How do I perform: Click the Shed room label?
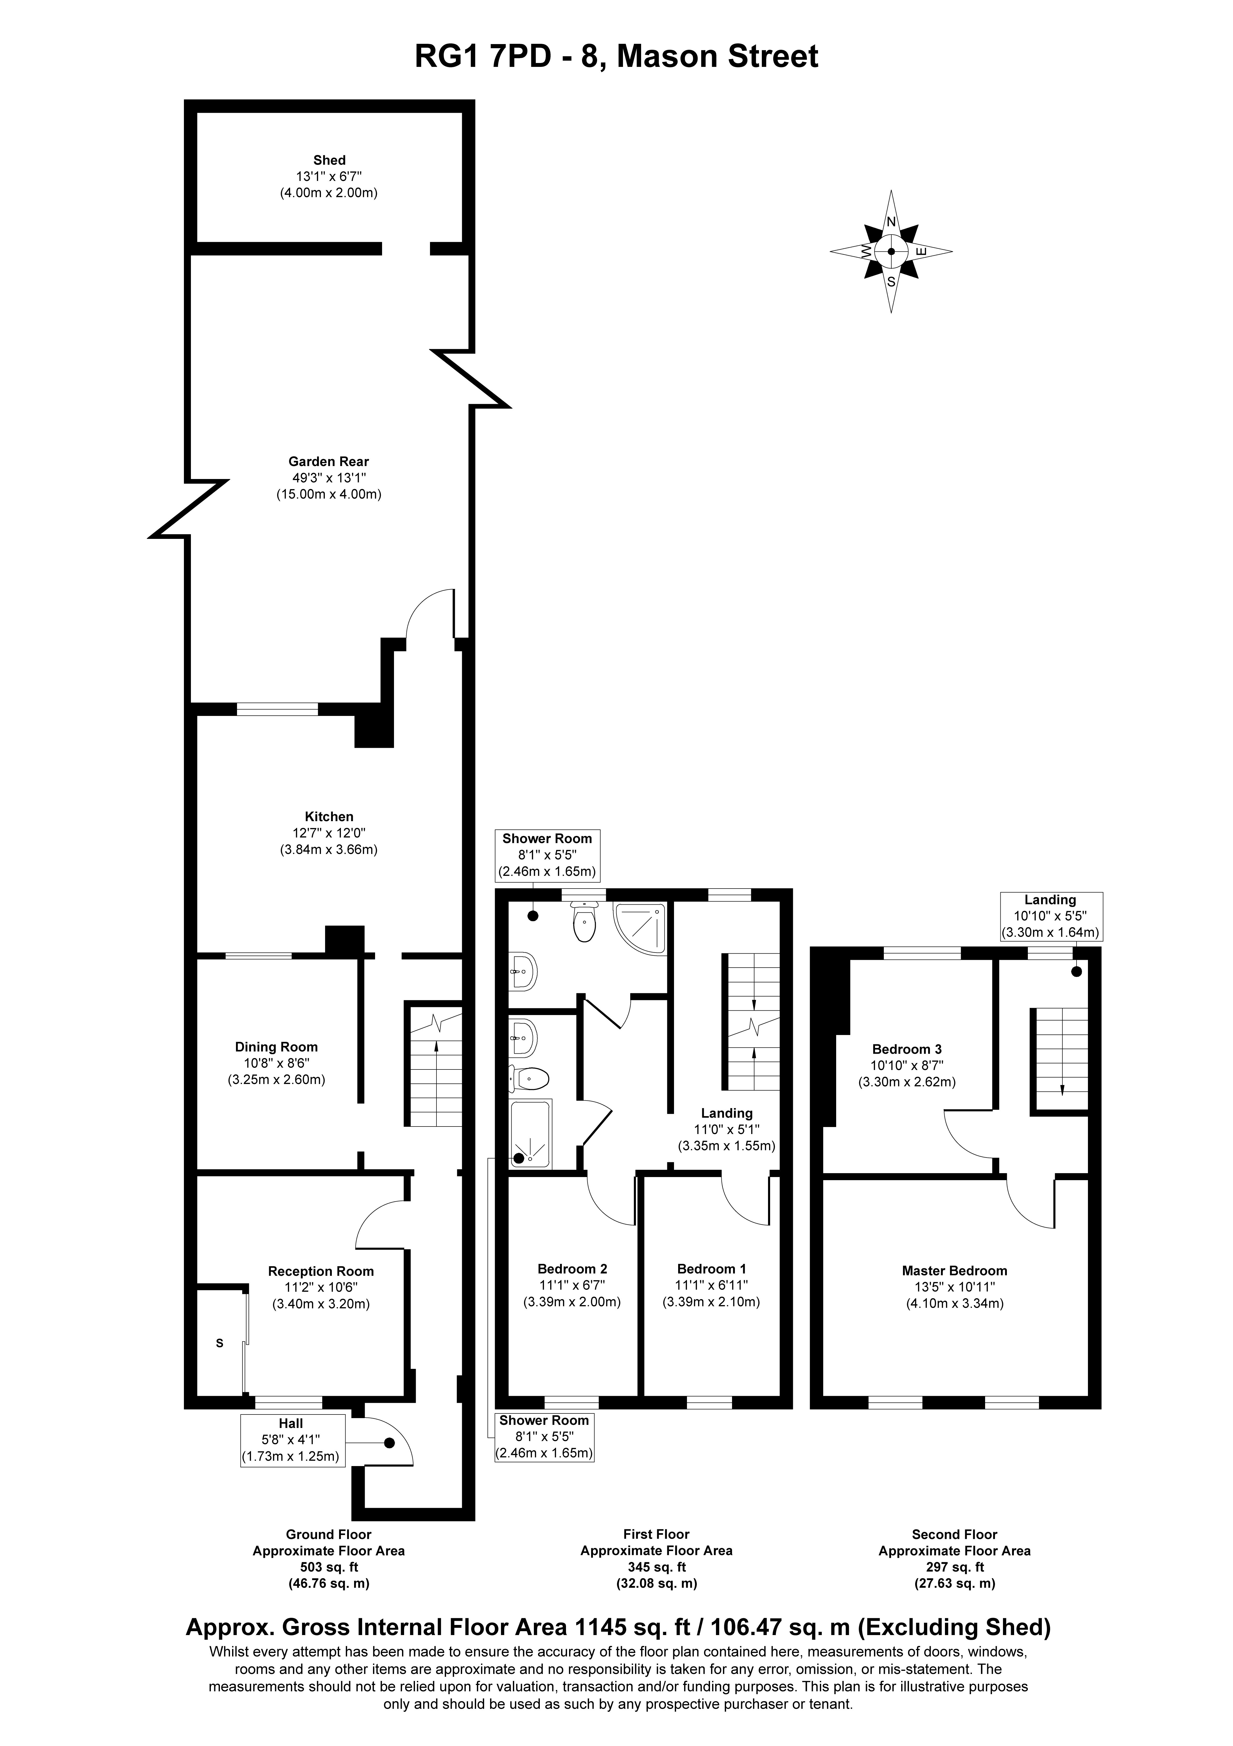point(329,160)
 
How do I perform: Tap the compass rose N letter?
point(892,222)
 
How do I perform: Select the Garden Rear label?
point(328,462)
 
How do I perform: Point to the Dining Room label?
point(276,1047)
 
